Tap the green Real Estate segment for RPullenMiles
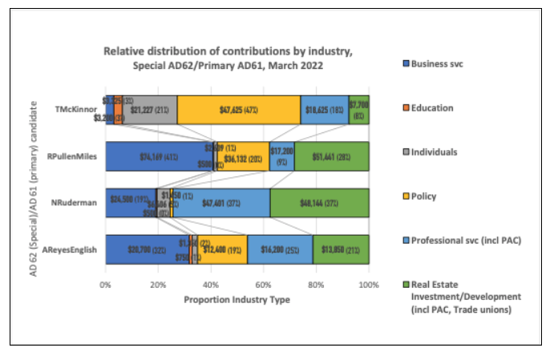click(x=331, y=156)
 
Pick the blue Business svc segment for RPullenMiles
click(x=158, y=156)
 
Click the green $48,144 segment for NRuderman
click(x=319, y=203)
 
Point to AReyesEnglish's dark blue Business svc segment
click(x=146, y=249)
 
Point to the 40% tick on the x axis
click(x=211, y=284)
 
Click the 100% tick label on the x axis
click(x=369, y=284)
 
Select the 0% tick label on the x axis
click(x=106, y=284)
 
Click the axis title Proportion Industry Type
click(x=237, y=299)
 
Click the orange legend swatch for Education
click(x=405, y=107)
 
